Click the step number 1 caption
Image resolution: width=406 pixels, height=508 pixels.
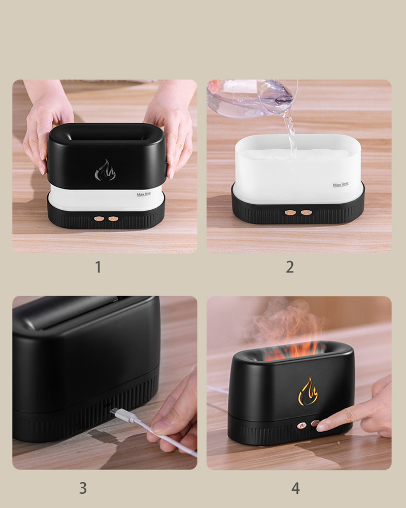pos(98,267)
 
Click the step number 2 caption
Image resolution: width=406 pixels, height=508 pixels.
pos(290,267)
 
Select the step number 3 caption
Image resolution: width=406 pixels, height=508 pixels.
pos(83,488)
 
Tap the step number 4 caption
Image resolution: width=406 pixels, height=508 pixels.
pos(295,488)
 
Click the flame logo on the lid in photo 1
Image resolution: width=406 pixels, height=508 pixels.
pos(105,171)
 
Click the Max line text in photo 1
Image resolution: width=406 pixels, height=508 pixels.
pos(144,195)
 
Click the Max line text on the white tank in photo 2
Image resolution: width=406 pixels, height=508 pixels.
pos(341,185)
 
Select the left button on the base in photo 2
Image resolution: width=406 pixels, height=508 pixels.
pos(290,213)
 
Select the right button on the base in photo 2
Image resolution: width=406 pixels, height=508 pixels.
pos(307,213)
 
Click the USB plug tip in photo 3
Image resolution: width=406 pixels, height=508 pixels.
pos(114,411)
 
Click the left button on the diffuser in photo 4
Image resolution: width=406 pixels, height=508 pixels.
pos(302,426)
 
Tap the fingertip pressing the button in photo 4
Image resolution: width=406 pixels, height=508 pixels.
pos(322,425)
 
